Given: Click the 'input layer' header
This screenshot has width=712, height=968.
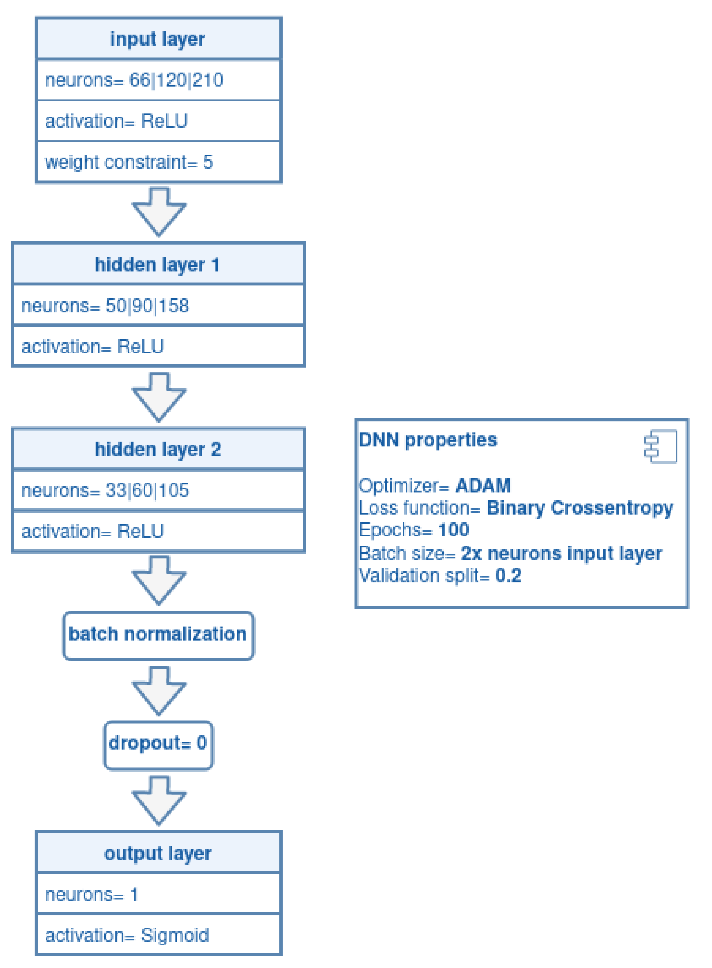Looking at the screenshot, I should tap(158, 39).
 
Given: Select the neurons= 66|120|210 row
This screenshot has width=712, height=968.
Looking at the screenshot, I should tap(158, 80).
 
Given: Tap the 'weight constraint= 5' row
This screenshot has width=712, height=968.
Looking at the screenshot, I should tap(158, 162).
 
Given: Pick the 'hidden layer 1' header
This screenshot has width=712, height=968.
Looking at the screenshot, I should tap(158, 264).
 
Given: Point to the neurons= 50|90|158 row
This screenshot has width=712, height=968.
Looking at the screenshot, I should tap(158, 305).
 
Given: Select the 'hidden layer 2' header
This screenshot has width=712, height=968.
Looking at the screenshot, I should tap(158, 449).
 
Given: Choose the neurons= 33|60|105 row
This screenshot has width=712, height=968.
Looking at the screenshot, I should tap(158, 490).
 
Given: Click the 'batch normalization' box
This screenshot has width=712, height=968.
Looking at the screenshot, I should tap(158, 635).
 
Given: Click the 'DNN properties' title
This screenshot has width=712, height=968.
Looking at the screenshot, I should tap(428, 440).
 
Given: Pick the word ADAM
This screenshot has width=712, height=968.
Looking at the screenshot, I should tap(483, 485).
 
